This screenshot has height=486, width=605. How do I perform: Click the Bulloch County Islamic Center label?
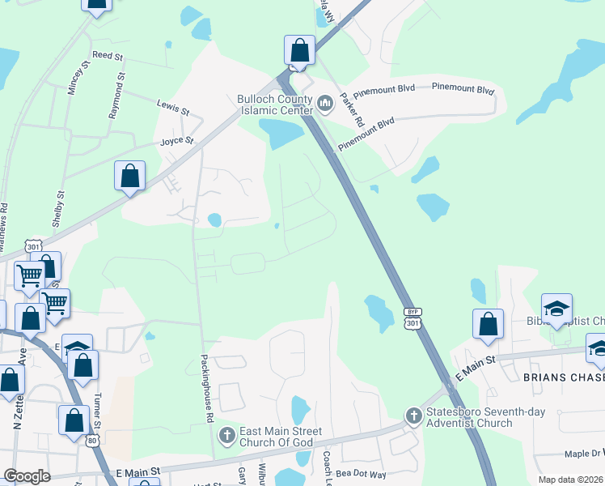pyautogui.click(x=274, y=104)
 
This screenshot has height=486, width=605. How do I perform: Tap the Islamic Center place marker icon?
pyautogui.click(x=326, y=104)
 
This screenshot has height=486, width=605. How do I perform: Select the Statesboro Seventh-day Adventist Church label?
pyautogui.click(x=469, y=417)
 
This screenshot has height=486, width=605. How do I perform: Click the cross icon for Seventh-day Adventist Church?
pyautogui.click(x=413, y=416)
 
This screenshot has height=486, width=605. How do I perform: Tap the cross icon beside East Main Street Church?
pyautogui.click(x=226, y=437)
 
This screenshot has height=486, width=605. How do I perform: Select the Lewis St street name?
pyautogui.click(x=173, y=106)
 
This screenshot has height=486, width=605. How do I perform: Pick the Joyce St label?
pyautogui.click(x=177, y=141)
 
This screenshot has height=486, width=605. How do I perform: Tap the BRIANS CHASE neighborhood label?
pyautogui.click(x=563, y=378)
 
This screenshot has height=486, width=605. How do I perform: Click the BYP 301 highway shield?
pyautogui.click(x=413, y=318)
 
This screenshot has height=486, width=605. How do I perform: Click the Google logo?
pyautogui.click(x=27, y=477)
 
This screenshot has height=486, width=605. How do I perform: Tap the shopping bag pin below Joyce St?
pyautogui.click(x=129, y=176)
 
